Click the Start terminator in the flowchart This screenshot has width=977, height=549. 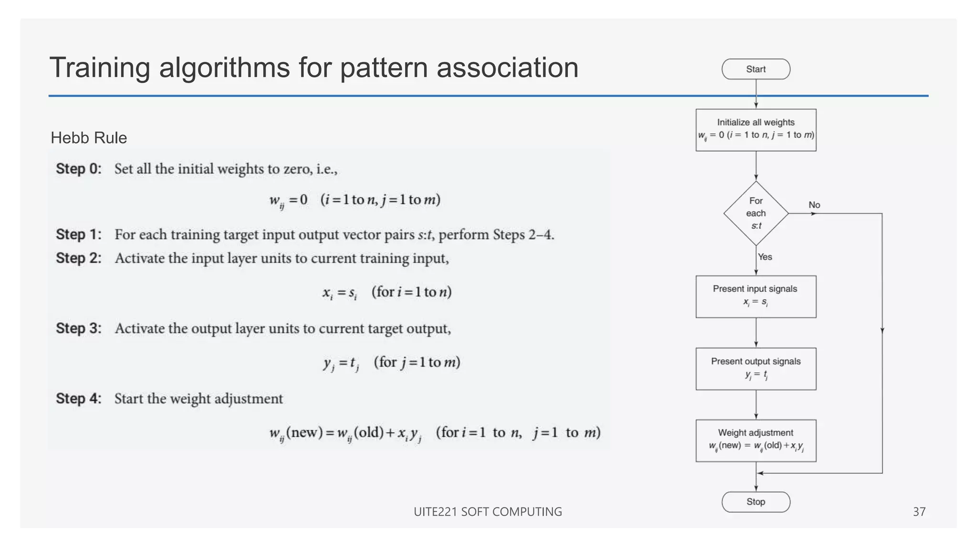(756, 69)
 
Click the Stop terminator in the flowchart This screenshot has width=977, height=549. (756, 502)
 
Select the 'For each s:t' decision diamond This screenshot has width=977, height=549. (756, 213)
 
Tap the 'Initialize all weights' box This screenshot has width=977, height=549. (756, 130)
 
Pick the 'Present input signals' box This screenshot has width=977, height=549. (756, 296)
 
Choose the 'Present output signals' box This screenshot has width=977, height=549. (756, 369)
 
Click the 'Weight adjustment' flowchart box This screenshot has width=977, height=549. (756, 440)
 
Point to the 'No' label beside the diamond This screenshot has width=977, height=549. (814, 205)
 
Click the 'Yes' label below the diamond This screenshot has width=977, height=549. (765, 257)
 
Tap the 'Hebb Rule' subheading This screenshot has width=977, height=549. (89, 138)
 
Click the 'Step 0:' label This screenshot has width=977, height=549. (79, 169)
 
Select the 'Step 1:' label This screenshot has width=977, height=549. (79, 234)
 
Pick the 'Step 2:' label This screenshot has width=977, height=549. (79, 258)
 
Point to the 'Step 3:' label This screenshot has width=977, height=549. (79, 328)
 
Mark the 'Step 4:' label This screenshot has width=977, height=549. (79, 398)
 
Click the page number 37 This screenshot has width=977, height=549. (919, 512)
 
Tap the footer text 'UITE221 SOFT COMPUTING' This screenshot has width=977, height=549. (488, 512)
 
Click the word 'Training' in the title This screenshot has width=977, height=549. (100, 68)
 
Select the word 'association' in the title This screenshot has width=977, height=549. (507, 68)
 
